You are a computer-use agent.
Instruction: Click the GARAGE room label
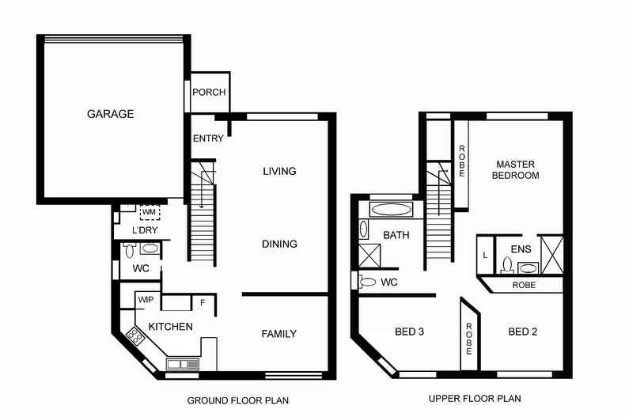click(x=111, y=114)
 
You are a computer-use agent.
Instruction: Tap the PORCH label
click(x=210, y=92)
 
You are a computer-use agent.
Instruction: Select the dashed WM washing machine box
click(x=150, y=212)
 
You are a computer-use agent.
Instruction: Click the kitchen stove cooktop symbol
click(x=135, y=335)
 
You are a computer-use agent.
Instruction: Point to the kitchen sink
click(x=183, y=364)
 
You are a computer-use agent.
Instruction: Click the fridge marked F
click(x=203, y=302)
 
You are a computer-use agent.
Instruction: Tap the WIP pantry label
click(x=146, y=299)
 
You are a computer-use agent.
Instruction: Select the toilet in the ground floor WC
click(x=129, y=250)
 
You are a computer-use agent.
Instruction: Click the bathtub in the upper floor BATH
click(x=391, y=210)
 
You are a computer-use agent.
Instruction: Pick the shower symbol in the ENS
click(x=553, y=255)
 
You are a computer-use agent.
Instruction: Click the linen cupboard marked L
click(x=486, y=255)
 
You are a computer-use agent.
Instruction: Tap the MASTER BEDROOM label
click(x=515, y=170)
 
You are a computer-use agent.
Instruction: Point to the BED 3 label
click(x=409, y=332)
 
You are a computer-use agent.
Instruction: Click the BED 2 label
click(x=523, y=332)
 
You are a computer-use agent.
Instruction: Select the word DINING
click(x=279, y=244)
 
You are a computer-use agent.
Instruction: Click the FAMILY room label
click(x=279, y=334)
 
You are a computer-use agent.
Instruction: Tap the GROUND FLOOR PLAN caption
click(x=238, y=400)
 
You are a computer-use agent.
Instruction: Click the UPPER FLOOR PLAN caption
click(x=475, y=399)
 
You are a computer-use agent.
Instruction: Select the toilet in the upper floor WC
click(x=367, y=282)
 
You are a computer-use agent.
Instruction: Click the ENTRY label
click(x=208, y=138)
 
